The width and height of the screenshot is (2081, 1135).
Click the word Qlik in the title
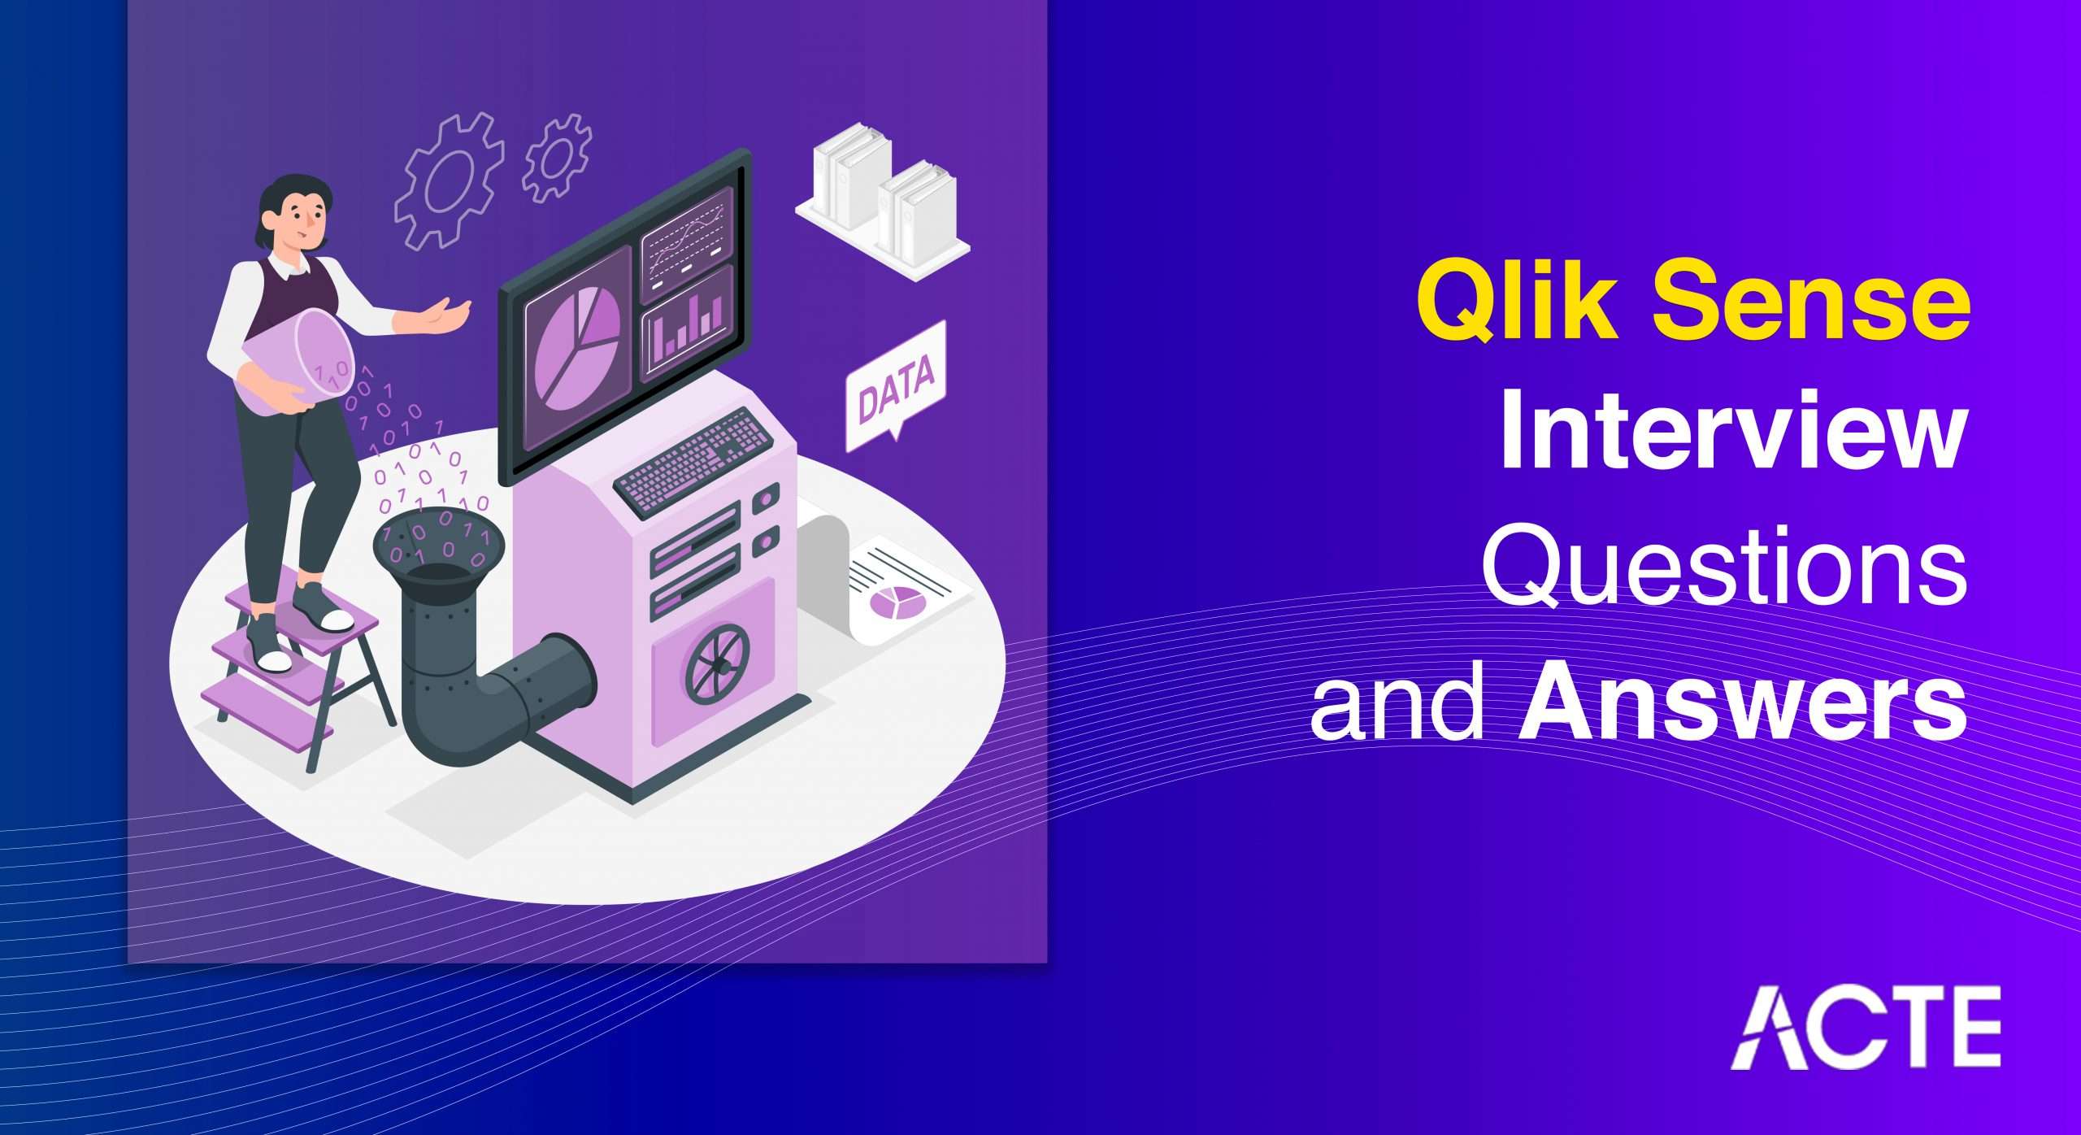pyautogui.click(x=1518, y=301)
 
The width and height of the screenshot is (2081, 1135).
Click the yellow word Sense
pyautogui.click(x=1812, y=302)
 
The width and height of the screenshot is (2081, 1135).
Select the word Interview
pyautogui.click(x=1733, y=431)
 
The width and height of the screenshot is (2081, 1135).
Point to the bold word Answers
pyautogui.click(x=1743, y=698)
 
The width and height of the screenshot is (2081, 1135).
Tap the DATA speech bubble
pyautogui.click(x=896, y=386)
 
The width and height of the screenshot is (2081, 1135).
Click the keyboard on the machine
pyautogui.click(x=693, y=462)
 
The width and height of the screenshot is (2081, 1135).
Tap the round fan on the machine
pyautogui.click(x=715, y=663)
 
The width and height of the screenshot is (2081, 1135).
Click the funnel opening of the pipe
pyautogui.click(x=438, y=544)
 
